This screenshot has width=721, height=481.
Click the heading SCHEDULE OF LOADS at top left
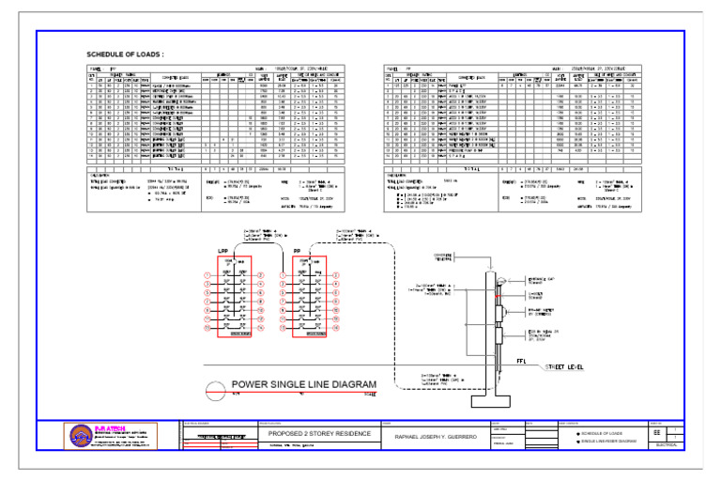pyautogui.click(x=126, y=55)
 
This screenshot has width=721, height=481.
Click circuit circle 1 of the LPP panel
pyautogui.click(x=205, y=275)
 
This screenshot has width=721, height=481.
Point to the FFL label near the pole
pyautogui.click(x=520, y=360)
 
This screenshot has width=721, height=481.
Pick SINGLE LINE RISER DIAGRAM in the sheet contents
pyautogui.click(x=593, y=441)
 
